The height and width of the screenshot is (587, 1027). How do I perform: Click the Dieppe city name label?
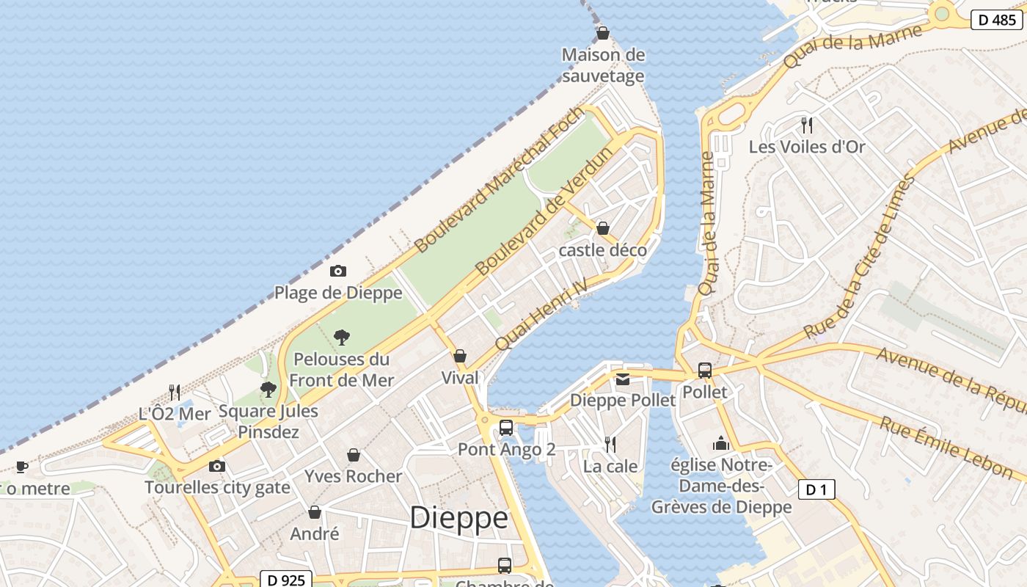click(458, 518)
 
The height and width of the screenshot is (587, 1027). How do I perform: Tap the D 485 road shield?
click(996, 20)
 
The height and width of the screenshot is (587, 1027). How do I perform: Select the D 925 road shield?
click(286, 580)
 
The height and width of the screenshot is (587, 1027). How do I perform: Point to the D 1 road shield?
click(816, 489)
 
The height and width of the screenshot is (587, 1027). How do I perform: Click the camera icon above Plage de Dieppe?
click(337, 271)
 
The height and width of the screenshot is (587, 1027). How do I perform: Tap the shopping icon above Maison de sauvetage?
click(603, 33)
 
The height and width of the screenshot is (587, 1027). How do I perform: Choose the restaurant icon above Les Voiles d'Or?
click(807, 125)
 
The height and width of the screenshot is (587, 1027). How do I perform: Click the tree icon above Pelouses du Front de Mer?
click(341, 338)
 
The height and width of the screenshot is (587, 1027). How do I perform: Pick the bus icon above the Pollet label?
click(705, 371)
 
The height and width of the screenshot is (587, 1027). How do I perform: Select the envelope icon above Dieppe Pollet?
click(623, 379)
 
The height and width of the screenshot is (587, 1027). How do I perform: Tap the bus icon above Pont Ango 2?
click(505, 427)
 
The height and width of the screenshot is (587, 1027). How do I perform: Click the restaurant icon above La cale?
click(610, 444)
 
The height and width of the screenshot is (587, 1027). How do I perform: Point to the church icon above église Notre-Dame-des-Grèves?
click(721, 443)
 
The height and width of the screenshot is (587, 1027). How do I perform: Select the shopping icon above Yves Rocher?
click(354, 455)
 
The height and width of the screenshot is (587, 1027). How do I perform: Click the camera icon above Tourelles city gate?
click(216, 466)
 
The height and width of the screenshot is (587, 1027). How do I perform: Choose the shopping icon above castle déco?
click(603, 228)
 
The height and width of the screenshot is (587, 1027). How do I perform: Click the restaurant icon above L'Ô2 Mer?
click(175, 392)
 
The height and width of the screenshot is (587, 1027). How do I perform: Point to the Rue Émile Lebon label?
click(946, 448)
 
